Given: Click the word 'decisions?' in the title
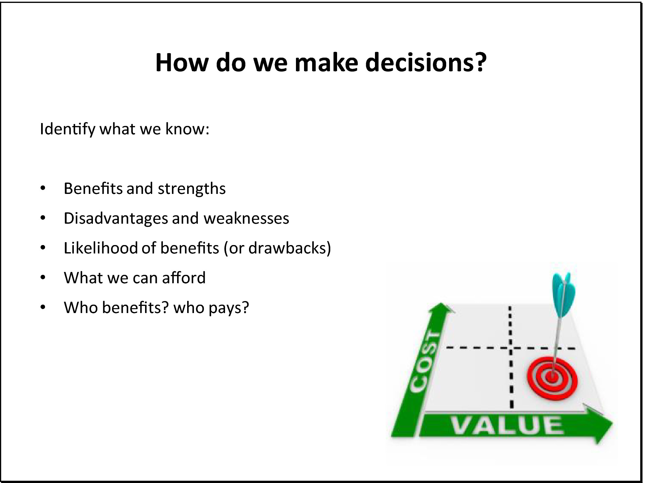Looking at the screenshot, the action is click(426, 62).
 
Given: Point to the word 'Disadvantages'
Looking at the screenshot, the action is click(116, 218).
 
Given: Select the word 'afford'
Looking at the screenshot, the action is click(184, 278).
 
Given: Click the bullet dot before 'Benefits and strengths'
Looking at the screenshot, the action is click(43, 188).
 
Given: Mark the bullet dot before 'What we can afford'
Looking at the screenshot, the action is click(43, 277).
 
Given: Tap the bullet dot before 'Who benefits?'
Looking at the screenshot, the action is click(43, 307).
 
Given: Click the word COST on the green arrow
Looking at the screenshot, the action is click(425, 362).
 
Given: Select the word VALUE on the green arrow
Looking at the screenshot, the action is click(507, 425).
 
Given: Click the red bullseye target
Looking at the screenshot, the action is click(552, 377).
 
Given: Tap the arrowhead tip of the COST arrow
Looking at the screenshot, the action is click(441, 303).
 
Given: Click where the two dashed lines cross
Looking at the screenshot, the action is click(511, 348).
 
